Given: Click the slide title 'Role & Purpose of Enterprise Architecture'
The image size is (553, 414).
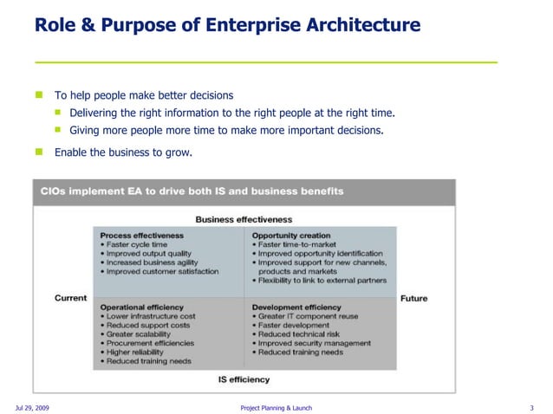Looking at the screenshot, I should click(227, 25).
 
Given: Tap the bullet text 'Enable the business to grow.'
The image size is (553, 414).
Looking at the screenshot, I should click(123, 152).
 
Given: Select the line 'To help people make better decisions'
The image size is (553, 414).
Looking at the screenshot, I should click(144, 95).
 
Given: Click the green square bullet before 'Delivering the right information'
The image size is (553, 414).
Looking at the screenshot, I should click(59, 113).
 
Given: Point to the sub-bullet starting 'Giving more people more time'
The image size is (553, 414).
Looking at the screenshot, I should click(226, 131).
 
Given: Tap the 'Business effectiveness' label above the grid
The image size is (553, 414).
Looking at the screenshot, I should click(244, 220).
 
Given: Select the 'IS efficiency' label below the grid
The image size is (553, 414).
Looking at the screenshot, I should click(244, 379).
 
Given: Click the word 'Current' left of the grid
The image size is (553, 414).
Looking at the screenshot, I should click(71, 298).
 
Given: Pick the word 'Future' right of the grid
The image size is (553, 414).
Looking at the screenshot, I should click(413, 298).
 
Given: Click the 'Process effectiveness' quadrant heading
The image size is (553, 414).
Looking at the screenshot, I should click(142, 235).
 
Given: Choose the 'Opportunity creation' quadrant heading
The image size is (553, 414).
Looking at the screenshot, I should click(291, 235).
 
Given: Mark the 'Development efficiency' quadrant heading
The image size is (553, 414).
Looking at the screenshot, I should click(296, 307).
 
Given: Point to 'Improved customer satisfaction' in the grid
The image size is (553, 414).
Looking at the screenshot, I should click(162, 271).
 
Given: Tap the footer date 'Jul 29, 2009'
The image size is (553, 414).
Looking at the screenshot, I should click(32, 407).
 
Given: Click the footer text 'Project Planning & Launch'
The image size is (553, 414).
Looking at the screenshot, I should click(276, 407).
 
